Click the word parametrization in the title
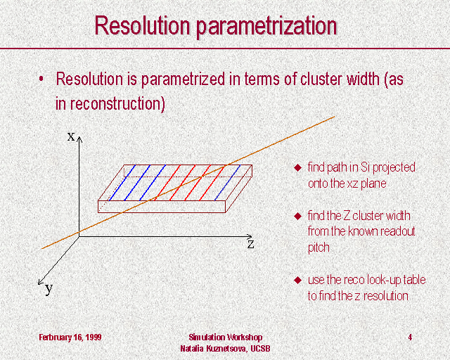(266, 27)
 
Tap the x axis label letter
(71, 136)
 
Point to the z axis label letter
(250, 244)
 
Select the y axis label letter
(49, 288)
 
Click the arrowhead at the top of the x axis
(79, 139)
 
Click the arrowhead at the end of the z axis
(248, 236)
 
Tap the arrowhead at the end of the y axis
(41, 282)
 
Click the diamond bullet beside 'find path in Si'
(298, 167)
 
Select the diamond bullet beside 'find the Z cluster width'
(298, 216)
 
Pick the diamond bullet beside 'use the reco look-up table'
(298, 280)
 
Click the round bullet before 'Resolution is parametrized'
(41, 78)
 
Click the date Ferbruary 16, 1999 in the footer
(70, 337)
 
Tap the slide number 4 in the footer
(410, 337)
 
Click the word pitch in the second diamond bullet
(319, 248)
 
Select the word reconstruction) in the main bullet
(117, 104)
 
